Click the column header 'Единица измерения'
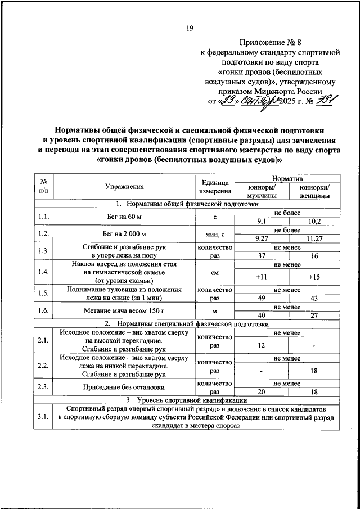pos(214,187)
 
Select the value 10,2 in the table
pos(314,222)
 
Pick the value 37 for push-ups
pos(261,256)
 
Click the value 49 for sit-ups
pos(261,298)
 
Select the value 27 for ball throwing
pos(314,316)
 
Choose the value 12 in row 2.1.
pos(261,345)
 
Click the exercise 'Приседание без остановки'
pos(124,387)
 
